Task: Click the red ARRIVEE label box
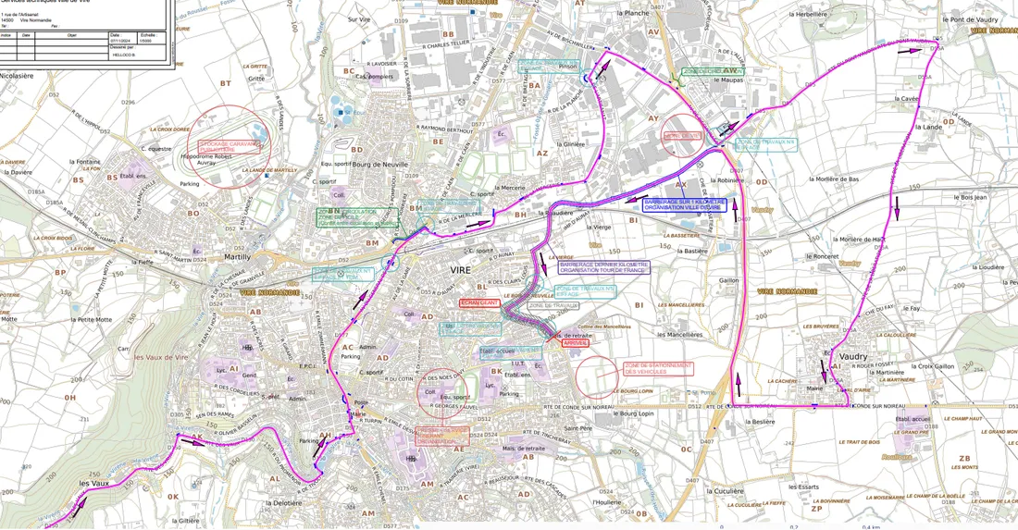[x=576, y=342]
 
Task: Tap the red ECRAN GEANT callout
[x=479, y=302]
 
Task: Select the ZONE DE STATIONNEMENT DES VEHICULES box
[x=658, y=368]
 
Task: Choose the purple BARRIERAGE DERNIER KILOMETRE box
[x=604, y=266]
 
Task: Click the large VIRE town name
[x=460, y=269]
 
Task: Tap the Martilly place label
[x=237, y=257]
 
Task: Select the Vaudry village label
[x=852, y=356]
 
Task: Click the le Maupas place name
[x=728, y=80]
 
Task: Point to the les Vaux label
[x=95, y=483]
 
